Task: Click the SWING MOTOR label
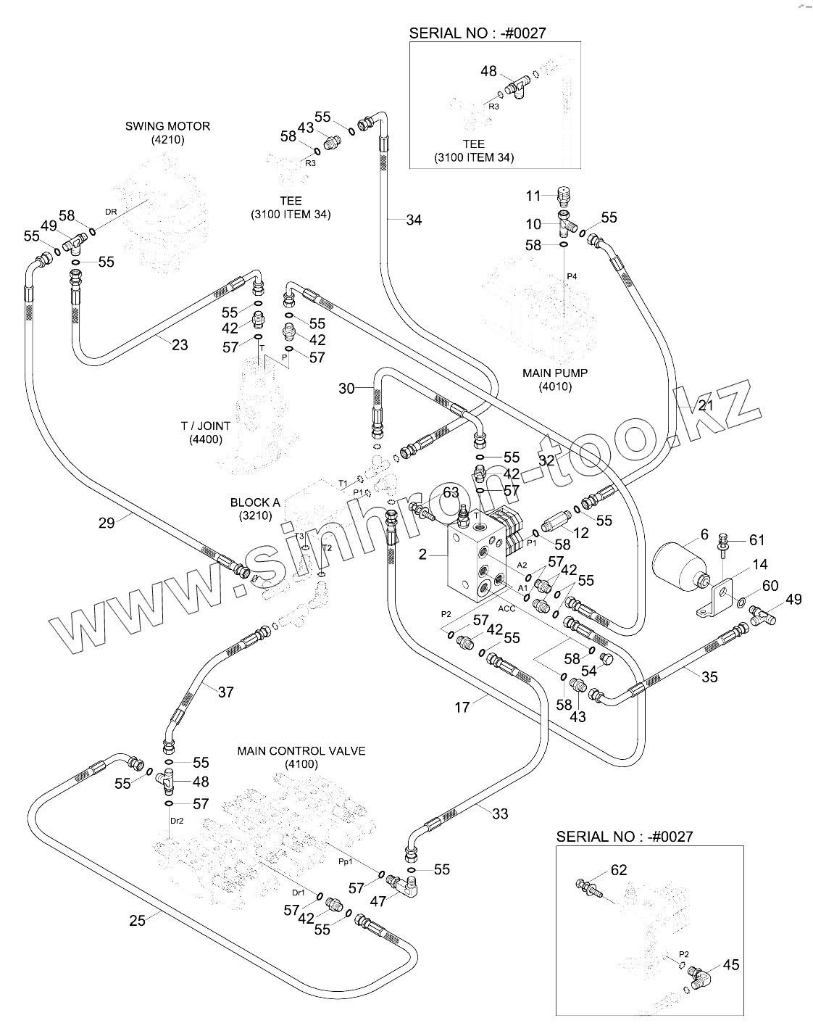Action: click(x=167, y=126)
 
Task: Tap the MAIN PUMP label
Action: click(x=555, y=373)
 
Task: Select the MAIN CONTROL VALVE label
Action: click(x=301, y=751)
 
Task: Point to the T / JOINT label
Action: click(x=206, y=426)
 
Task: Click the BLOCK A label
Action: click(x=251, y=502)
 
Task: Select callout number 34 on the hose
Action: click(x=413, y=220)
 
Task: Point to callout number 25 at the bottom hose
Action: click(x=137, y=920)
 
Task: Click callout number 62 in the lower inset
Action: click(x=618, y=869)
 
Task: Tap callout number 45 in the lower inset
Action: click(x=730, y=964)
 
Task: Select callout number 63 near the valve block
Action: click(x=451, y=493)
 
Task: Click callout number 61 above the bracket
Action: click(x=756, y=539)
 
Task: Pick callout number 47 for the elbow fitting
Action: click(x=378, y=901)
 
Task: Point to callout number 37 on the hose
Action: click(x=225, y=692)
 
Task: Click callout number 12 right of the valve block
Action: click(x=581, y=533)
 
